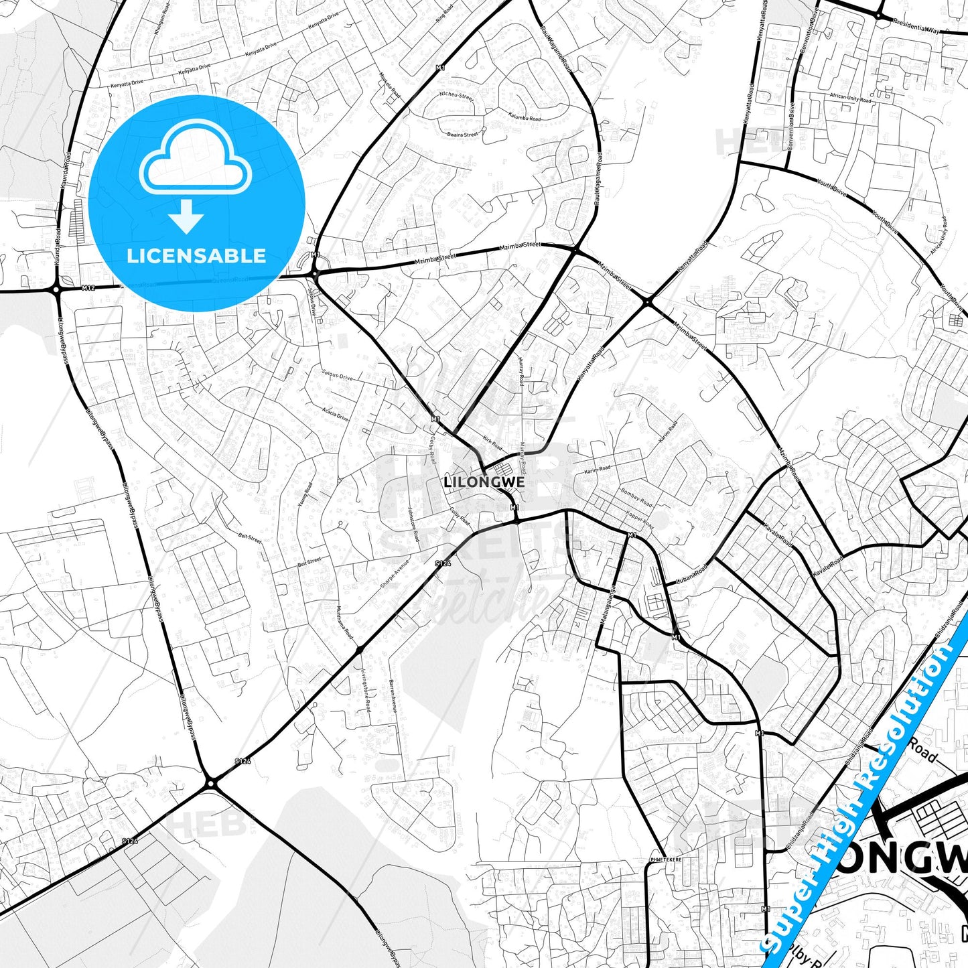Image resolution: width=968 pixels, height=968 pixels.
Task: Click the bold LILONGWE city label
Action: [484, 482]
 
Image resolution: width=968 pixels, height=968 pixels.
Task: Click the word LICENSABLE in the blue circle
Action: [196, 256]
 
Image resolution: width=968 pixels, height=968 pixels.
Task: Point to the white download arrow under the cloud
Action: [186, 216]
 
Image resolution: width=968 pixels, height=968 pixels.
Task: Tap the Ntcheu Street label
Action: [456, 96]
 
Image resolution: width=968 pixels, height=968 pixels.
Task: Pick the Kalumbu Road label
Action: [525, 117]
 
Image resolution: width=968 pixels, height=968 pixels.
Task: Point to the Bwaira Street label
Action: [462, 135]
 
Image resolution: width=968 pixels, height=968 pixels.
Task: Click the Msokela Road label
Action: [390, 85]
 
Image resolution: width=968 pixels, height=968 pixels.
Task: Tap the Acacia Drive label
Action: [335, 413]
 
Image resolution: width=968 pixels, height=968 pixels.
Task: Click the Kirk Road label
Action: [492, 443]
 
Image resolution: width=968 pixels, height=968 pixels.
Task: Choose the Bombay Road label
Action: [636, 497]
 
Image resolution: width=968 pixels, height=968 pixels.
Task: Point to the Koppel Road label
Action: [640, 521]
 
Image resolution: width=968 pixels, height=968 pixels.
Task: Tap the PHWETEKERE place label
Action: [666, 859]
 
